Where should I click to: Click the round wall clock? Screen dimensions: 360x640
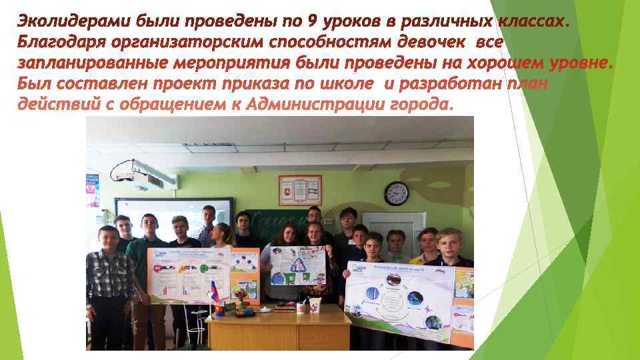pos(396,193)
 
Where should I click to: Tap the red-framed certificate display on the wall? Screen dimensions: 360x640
pos(300,190)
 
